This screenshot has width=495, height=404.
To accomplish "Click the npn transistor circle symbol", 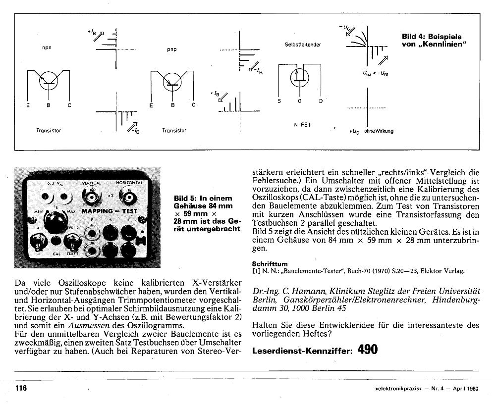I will (48, 81).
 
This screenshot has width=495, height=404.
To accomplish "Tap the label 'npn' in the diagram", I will (47, 48).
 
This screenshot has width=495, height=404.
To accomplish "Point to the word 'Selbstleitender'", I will (303, 45).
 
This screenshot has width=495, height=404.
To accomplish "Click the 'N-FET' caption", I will (302, 125).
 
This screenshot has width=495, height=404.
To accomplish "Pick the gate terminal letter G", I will (299, 101).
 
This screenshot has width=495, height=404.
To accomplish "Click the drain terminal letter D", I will (321, 101).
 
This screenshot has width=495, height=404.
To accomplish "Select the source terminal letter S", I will (279, 101).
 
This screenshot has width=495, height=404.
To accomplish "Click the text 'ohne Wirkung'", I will (379, 131).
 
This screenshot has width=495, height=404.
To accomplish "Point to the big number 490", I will (367, 350).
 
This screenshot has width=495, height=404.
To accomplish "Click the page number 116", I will (20, 388).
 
